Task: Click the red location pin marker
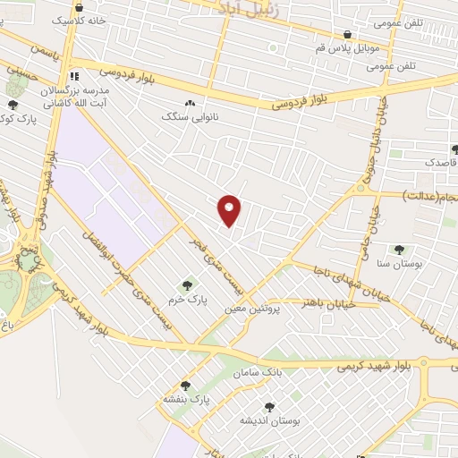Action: [x=230, y=210]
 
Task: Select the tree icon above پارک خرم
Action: [x=187, y=286]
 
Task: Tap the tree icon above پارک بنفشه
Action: [x=185, y=385]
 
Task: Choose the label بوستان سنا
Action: [x=399, y=264]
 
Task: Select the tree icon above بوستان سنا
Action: [x=398, y=250]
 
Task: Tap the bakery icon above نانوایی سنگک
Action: [x=189, y=102]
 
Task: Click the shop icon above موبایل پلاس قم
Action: [x=347, y=35]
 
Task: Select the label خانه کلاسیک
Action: [x=79, y=18]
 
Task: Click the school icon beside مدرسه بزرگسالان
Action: [x=76, y=76]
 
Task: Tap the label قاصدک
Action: [x=441, y=164]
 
